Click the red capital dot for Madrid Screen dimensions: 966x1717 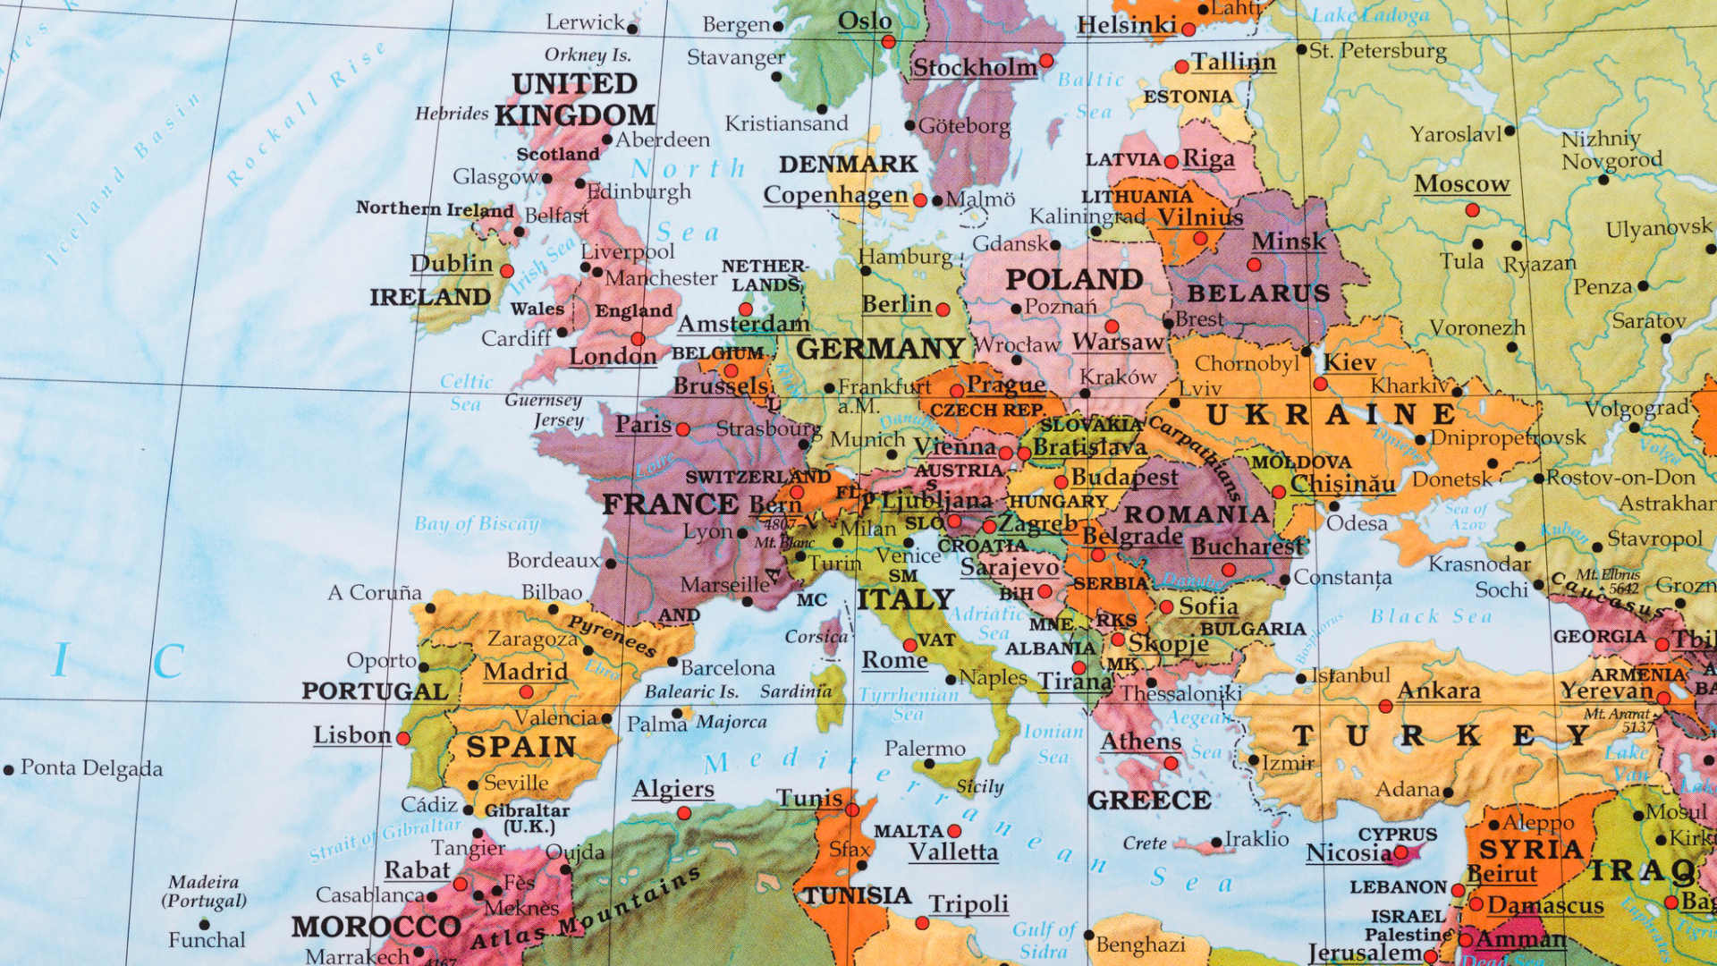[526, 691]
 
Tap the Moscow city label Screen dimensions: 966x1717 [1461, 183]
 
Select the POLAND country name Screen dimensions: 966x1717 [1074, 279]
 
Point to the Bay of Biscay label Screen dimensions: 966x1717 [477, 523]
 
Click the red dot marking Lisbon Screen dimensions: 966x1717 [403, 739]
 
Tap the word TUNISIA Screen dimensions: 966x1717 [857, 895]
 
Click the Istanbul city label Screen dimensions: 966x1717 [1350, 675]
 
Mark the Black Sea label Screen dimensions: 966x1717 [1431, 616]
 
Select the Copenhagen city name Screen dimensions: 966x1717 [835, 195]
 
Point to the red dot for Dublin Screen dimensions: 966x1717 [507, 271]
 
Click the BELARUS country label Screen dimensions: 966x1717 [1258, 293]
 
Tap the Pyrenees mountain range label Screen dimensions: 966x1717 [612, 634]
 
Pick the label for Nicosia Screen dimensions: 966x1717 [1349, 852]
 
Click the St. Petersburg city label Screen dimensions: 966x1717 [1377, 50]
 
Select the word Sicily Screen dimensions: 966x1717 [979, 787]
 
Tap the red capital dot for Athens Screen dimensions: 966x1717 [1171, 763]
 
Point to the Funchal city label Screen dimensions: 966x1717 [207, 939]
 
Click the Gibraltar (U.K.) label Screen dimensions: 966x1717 [527, 818]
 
